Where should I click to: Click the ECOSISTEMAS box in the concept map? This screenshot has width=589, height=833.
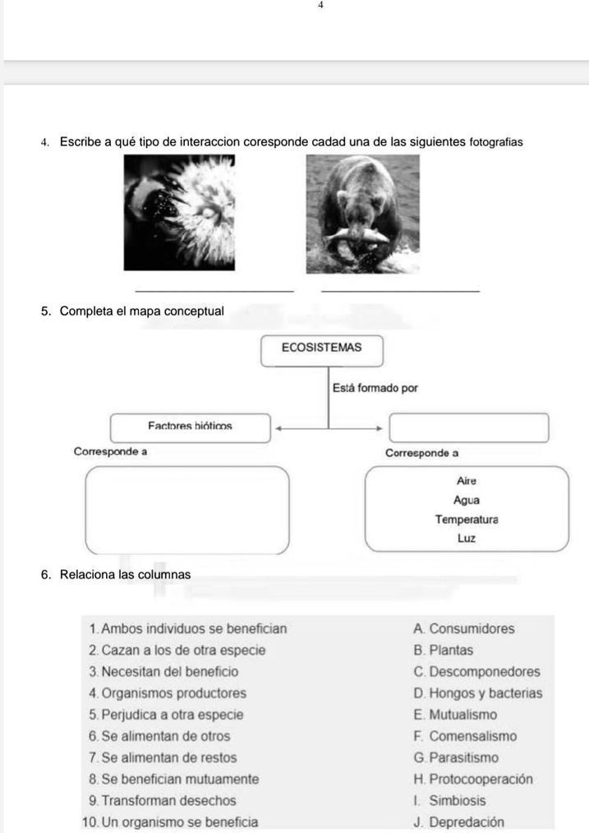321,348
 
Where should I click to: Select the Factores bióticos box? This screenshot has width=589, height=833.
191,426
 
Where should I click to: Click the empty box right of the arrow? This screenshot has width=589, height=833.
468,428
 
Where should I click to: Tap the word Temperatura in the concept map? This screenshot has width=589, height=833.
467,519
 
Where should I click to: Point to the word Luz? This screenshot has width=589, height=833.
467,539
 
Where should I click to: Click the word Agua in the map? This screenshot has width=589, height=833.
467,499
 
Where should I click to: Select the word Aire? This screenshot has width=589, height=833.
467,481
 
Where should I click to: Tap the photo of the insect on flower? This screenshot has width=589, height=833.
179,213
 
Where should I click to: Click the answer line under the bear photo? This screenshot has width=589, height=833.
400,288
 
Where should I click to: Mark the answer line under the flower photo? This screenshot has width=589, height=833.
213,288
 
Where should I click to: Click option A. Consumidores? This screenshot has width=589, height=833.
464,629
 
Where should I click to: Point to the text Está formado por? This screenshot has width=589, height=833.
375,387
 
